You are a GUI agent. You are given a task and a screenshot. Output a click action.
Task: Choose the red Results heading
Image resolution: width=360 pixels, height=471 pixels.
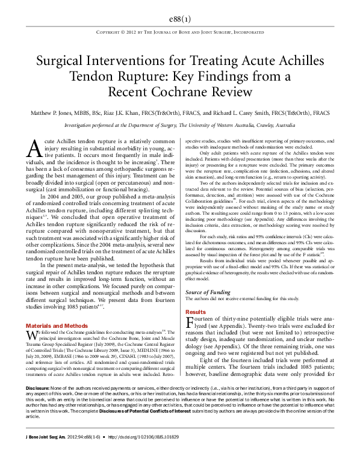tap(195, 312)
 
